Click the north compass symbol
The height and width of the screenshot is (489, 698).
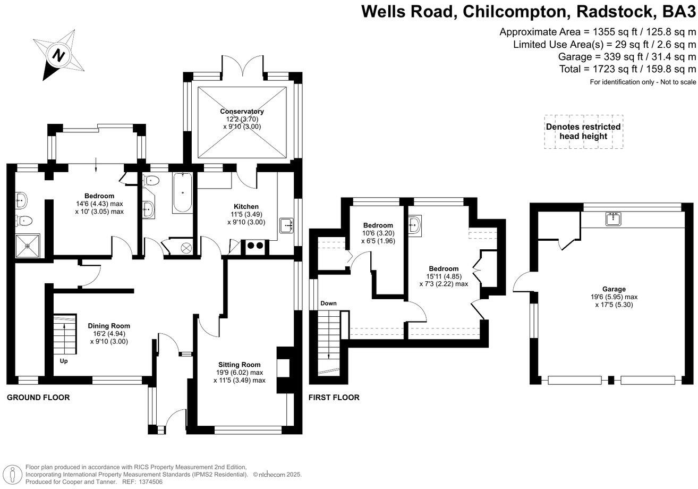tap(58, 55)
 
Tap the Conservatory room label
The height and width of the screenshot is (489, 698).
tap(242, 112)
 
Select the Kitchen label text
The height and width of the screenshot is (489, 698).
tap(246, 206)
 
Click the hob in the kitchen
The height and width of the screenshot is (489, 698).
tap(253, 246)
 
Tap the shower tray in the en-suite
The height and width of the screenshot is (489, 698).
tap(28, 244)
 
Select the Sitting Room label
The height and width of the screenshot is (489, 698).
tap(239, 365)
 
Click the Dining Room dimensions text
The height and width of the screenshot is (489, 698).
tap(108, 338)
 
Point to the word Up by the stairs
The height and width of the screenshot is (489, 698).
tap(64, 361)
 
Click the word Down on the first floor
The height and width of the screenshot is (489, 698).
tap(328, 303)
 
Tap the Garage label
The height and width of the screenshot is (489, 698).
tap(614, 289)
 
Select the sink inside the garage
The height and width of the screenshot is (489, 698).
tap(614, 218)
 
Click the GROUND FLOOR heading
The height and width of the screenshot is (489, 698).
tap(38, 398)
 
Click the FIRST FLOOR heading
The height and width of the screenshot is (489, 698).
tap(334, 398)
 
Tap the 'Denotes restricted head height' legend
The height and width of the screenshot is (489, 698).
tap(583, 131)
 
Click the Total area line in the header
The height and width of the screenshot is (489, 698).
tap(627, 69)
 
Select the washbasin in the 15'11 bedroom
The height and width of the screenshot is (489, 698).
tap(415, 225)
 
